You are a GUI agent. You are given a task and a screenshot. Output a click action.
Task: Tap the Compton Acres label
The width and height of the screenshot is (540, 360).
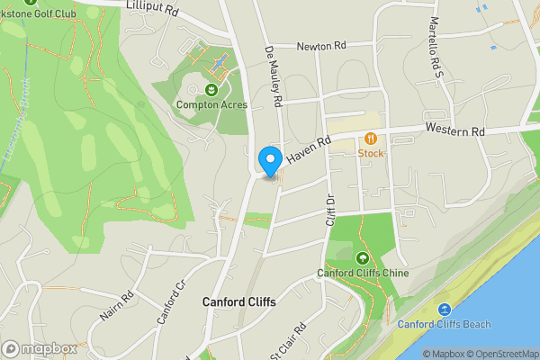click(211, 104)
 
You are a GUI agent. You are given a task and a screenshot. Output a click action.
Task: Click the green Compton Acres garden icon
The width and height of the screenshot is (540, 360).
click(211, 89)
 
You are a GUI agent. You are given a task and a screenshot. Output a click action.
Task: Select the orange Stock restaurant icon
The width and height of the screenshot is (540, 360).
click(371, 139)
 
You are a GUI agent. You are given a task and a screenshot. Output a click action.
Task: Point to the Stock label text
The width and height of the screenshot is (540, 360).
click(371, 153)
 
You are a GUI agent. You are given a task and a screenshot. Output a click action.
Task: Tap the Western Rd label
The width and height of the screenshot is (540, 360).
click(455, 131)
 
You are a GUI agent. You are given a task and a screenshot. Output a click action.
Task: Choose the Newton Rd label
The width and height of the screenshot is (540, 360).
click(322, 47)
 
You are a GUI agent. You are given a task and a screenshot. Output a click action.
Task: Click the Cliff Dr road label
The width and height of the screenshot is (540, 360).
click(330, 209)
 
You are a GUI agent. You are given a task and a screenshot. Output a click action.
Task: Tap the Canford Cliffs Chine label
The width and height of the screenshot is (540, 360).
click(363, 273)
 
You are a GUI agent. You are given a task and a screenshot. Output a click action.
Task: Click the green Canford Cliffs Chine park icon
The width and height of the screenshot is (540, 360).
click(363, 257)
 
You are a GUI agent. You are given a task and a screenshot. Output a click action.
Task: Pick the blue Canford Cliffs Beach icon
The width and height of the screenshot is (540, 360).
click(445, 310)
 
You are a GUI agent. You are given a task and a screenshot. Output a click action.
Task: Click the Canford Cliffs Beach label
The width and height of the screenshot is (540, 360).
click(445, 324)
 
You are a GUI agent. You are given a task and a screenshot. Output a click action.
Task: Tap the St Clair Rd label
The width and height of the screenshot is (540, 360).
click(289, 341)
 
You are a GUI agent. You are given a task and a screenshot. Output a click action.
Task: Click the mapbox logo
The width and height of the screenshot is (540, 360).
click(39, 348)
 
